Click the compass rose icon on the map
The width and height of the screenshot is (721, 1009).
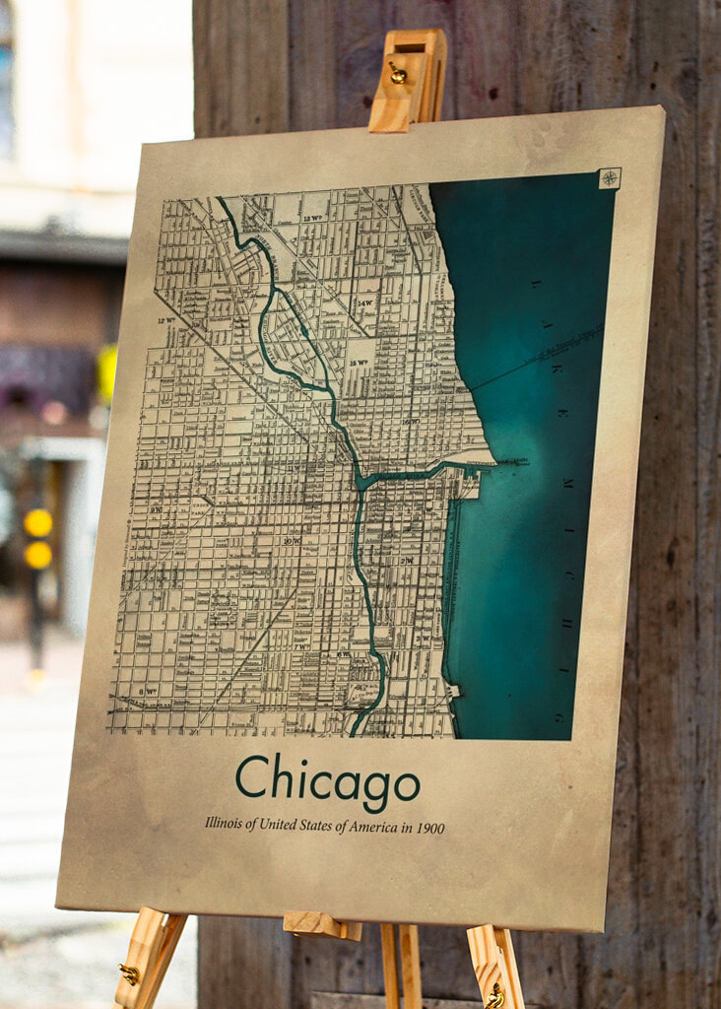pyautogui.click(x=610, y=178)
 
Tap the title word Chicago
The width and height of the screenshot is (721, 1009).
pyautogui.click(x=327, y=779)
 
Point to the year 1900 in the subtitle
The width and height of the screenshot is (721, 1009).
pyautogui.click(x=429, y=828)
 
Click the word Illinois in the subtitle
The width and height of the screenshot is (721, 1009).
pyautogui.click(x=226, y=821)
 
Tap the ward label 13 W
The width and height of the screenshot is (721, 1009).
pyautogui.click(x=314, y=218)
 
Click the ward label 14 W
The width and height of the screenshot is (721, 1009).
pyautogui.click(x=365, y=303)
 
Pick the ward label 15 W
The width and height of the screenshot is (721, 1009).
pyautogui.click(x=359, y=363)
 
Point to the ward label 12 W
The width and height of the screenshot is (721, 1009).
pyautogui.click(x=164, y=320)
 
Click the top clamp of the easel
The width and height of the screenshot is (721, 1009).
pyautogui.click(x=408, y=79)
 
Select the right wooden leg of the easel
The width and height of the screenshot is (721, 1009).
pyautogui.click(x=495, y=966)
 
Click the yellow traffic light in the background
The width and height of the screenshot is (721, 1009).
pyautogui.click(x=38, y=538)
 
